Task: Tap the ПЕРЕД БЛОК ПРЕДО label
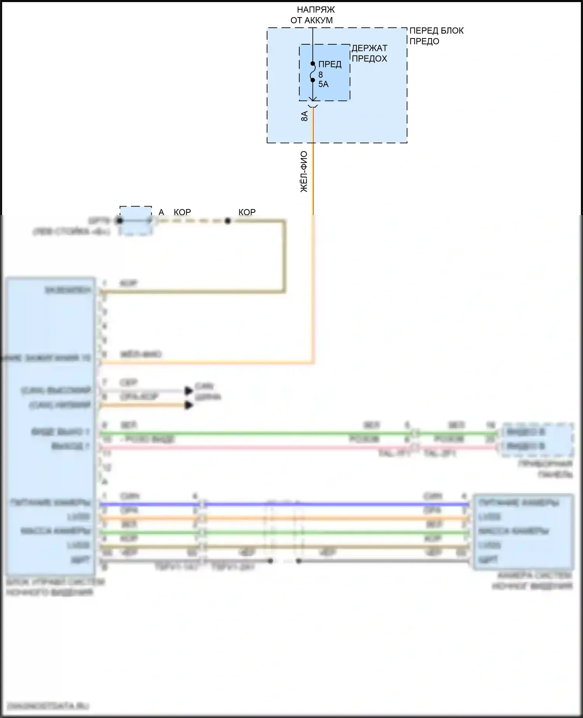coord(436,36)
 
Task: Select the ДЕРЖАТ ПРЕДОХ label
coord(369,53)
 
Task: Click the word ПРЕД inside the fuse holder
coord(330,65)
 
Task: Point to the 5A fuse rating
coord(323,84)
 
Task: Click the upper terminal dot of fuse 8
coord(313,63)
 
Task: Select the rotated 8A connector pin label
coord(305,116)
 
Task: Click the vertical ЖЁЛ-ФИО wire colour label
coord(304,172)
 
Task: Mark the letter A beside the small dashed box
coord(161,212)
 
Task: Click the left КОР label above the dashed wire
coord(182,212)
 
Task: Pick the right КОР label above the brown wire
coord(247,212)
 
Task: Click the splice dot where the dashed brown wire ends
coord(228,221)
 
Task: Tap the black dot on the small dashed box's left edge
coord(120,221)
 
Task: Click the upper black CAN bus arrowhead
coord(189,391)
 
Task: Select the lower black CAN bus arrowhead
coord(189,406)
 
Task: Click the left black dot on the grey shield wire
coord(271,561)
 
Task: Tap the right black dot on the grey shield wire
coord(298,561)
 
